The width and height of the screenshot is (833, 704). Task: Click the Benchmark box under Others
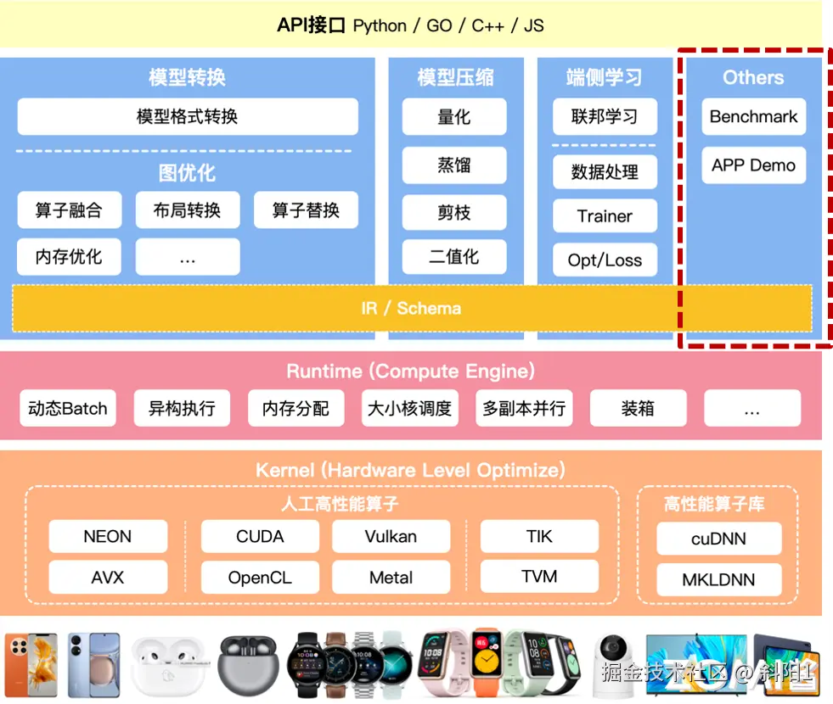tap(753, 117)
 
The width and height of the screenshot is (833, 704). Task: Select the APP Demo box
tap(753, 165)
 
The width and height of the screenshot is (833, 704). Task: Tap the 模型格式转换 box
tap(188, 117)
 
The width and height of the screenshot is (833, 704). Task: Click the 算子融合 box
tap(69, 210)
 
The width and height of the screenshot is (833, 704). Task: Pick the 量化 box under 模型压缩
tap(454, 117)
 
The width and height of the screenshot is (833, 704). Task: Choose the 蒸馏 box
tap(454, 165)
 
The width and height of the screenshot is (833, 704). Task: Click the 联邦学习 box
tap(605, 117)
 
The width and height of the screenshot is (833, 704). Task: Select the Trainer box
tap(605, 216)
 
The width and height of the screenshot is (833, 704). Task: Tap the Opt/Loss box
tap(605, 260)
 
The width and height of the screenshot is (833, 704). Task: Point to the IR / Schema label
tap(412, 308)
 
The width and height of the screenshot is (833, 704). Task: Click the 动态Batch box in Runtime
tap(68, 409)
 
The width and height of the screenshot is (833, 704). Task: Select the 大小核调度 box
tap(410, 409)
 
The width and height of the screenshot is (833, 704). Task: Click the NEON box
tap(108, 537)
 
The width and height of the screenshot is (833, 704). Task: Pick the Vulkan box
tap(391, 537)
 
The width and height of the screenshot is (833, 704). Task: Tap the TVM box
tap(539, 578)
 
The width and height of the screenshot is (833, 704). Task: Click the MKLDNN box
tap(718, 581)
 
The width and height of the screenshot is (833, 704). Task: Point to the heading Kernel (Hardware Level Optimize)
tap(410, 470)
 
